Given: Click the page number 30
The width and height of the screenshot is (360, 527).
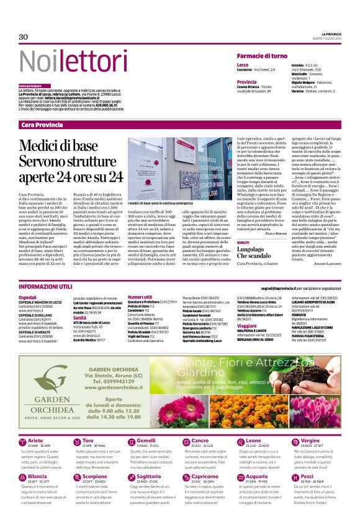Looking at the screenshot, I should click(x=24, y=37).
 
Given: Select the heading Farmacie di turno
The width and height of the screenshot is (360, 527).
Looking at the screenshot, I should click(x=262, y=56).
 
